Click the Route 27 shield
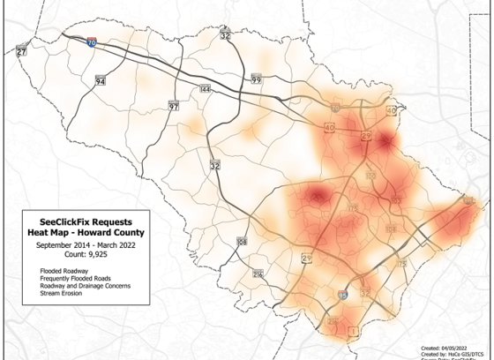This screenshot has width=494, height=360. [x=21, y=52]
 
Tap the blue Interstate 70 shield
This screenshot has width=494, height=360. [x=93, y=41]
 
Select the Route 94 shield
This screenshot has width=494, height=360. [x=101, y=80]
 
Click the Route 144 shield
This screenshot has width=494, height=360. [x=205, y=89]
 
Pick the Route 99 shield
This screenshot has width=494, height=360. [x=257, y=80]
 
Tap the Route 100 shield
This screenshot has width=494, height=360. [x=370, y=176]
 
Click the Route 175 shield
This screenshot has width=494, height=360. [x=353, y=207]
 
